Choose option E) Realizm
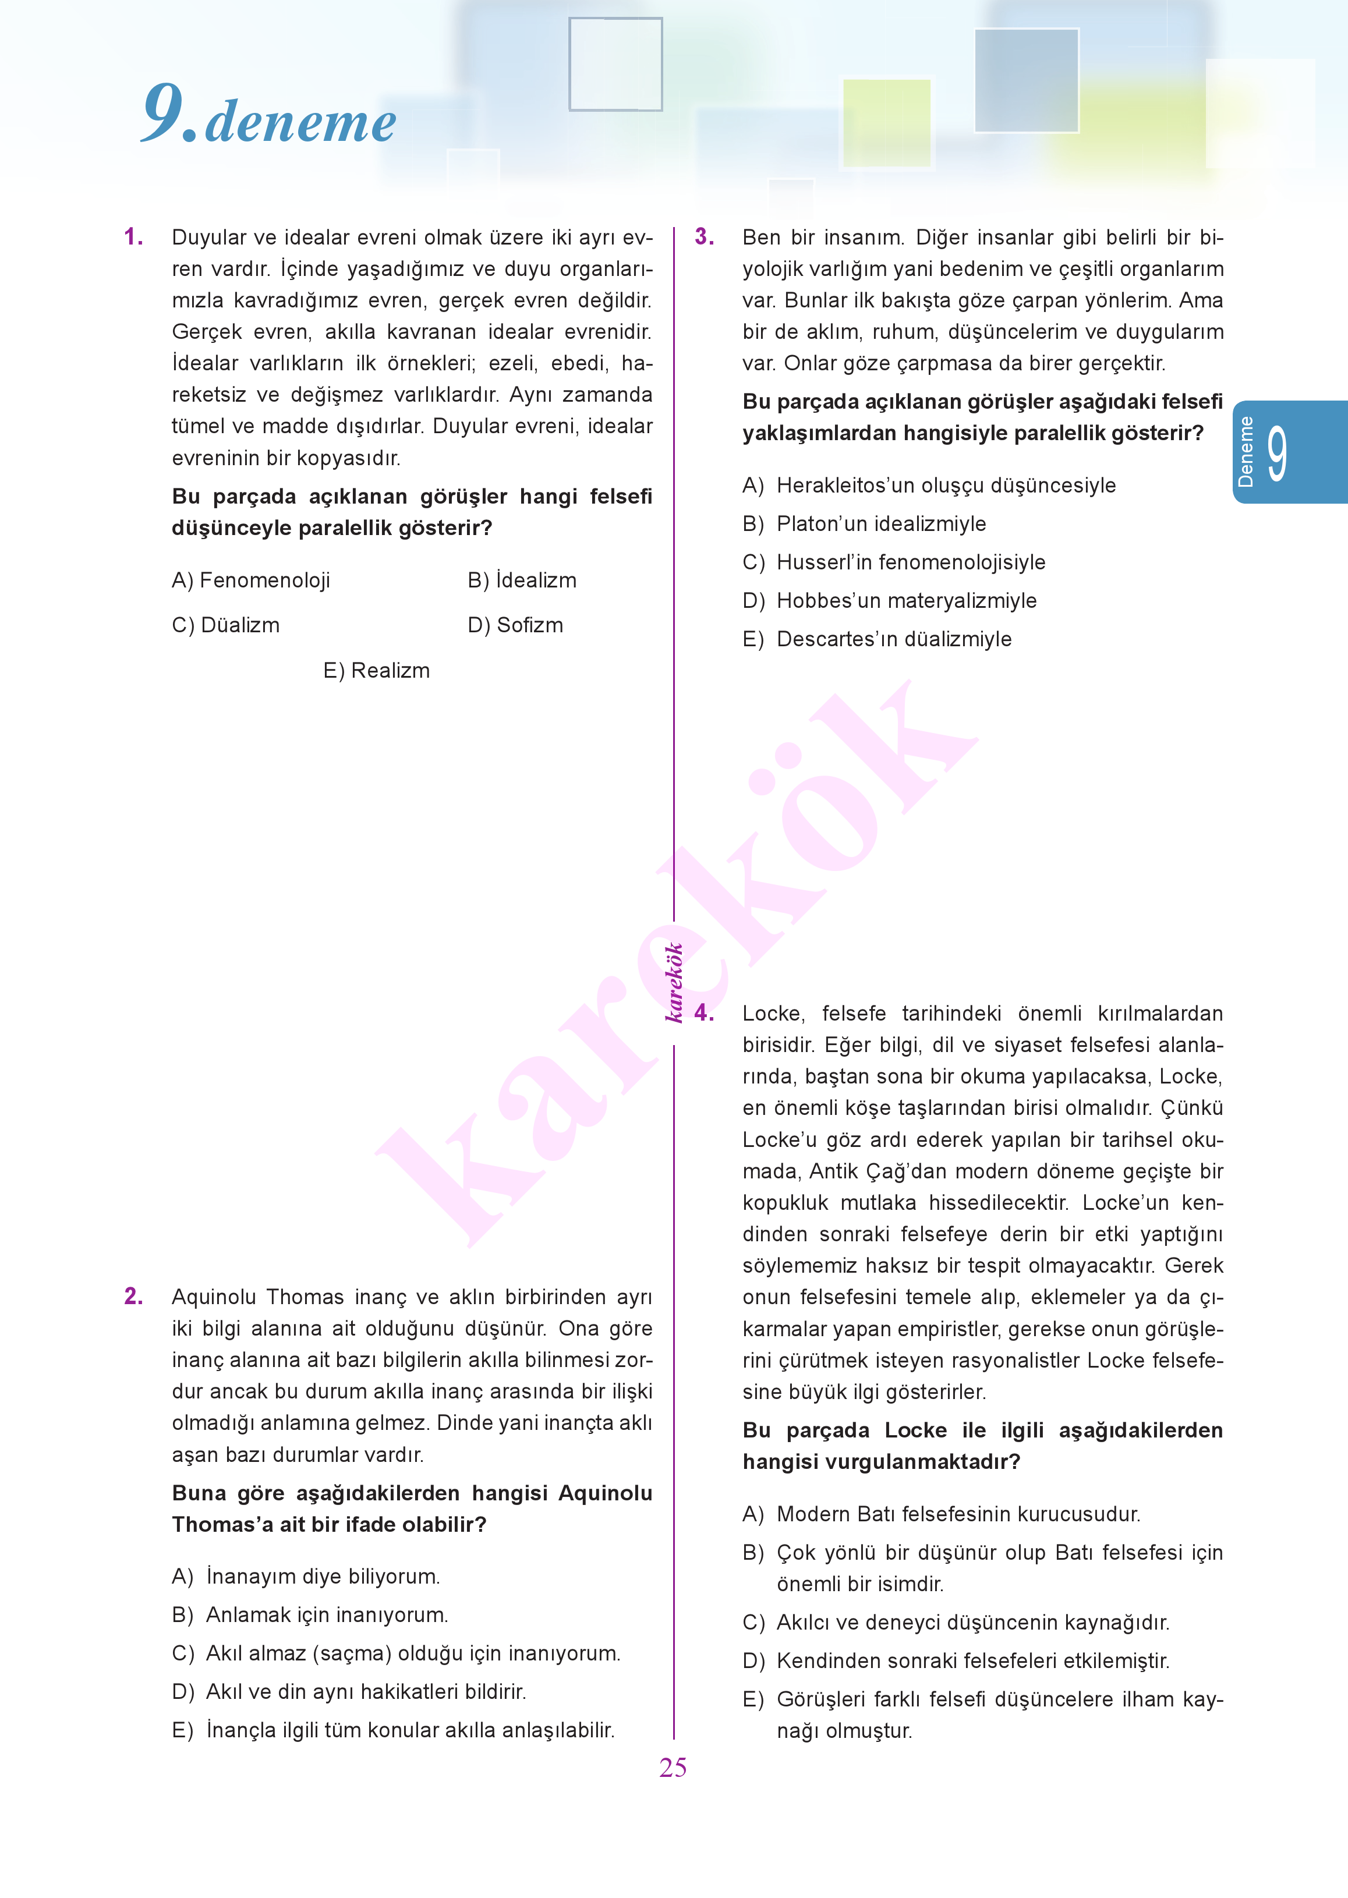pyautogui.click(x=376, y=671)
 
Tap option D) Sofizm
pyautogui.click(x=515, y=625)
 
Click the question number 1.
pyautogui.click(x=133, y=238)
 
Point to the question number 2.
pyautogui.click(x=133, y=1297)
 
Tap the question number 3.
pyautogui.click(x=704, y=238)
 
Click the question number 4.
pyautogui.click(x=704, y=1013)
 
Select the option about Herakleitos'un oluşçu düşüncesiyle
pyautogui.click(x=928, y=486)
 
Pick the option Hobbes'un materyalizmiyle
pyautogui.click(x=889, y=601)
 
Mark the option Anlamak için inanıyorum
pyautogui.click(x=310, y=1615)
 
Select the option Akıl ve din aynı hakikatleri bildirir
pyautogui.click(x=349, y=1691)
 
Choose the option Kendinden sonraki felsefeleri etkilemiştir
pyautogui.click(x=956, y=1660)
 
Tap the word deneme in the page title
pyautogui.click(x=300, y=123)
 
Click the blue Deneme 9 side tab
pyautogui.click(x=1287, y=452)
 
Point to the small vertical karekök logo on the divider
pyautogui.click(x=675, y=983)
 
